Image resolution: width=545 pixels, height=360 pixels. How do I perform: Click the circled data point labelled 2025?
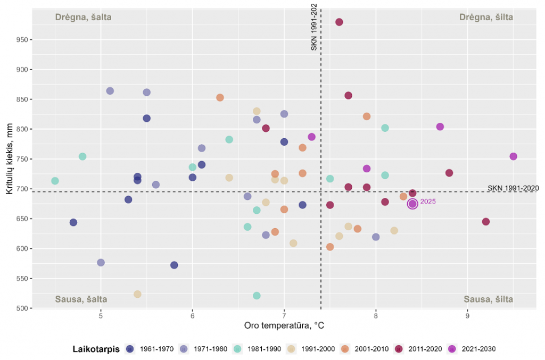click(412, 204)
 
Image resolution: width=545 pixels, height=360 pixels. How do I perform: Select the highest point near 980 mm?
click(339, 22)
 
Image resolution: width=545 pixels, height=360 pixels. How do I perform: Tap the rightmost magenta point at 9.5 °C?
click(513, 156)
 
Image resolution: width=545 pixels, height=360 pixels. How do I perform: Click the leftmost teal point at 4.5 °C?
click(55, 181)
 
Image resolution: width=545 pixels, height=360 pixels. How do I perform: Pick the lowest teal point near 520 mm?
click(257, 296)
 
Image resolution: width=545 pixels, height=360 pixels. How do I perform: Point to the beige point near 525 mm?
click(137, 294)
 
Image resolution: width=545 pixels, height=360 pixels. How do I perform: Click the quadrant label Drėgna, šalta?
click(83, 17)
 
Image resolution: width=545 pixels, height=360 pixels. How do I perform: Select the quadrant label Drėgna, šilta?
click(486, 17)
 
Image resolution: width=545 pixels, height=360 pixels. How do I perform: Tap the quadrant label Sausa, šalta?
click(81, 299)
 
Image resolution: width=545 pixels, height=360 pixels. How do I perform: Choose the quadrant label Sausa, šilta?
click(488, 299)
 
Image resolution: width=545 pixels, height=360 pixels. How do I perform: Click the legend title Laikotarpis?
click(96, 349)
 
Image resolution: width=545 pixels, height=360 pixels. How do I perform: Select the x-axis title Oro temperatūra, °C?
click(284, 325)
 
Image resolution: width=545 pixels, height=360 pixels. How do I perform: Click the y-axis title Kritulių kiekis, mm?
click(9, 160)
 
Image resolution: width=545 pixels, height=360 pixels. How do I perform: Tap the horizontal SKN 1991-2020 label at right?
click(513, 188)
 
